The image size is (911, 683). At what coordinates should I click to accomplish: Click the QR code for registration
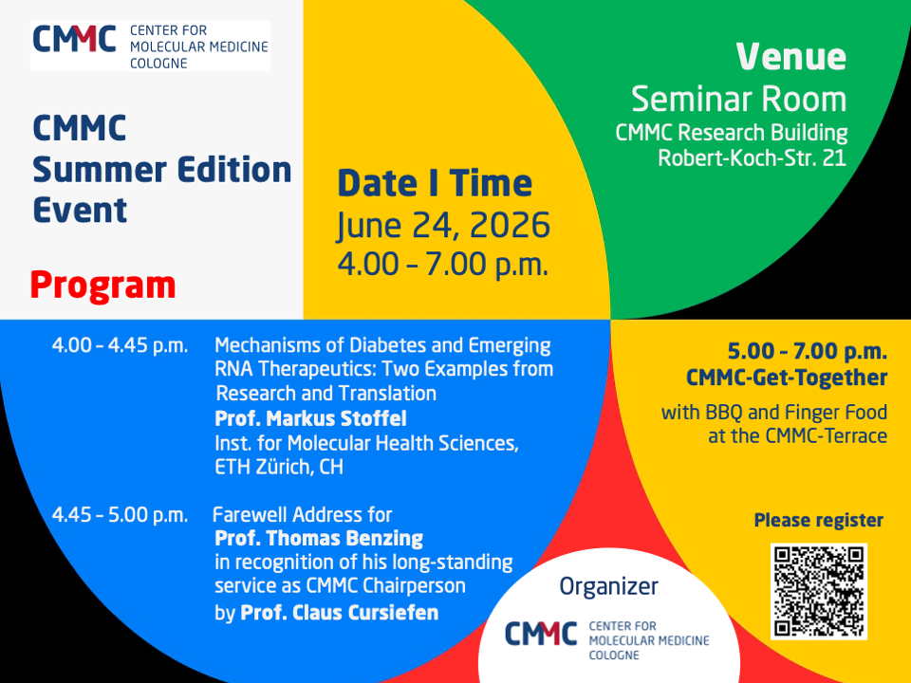click(819, 591)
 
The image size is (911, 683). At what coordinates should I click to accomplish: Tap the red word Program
click(102, 286)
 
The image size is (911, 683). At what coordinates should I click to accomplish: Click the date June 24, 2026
click(443, 226)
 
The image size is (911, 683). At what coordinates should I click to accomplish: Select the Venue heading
click(791, 56)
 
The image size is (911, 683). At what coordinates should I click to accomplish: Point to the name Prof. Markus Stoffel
click(311, 418)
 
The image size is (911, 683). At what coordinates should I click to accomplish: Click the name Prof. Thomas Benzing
click(319, 539)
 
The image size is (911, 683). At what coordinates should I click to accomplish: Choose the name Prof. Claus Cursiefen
click(340, 613)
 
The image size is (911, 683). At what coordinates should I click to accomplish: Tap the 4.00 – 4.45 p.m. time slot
click(121, 346)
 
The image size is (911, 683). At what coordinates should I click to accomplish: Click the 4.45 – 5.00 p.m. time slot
click(121, 515)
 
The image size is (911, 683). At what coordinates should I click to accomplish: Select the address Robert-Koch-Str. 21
click(752, 158)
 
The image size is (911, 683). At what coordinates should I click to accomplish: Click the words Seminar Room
click(739, 100)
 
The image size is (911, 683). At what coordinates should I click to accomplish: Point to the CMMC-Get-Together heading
click(787, 378)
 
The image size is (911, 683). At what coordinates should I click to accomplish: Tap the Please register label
click(819, 521)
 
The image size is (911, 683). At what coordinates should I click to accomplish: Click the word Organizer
click(609, 586)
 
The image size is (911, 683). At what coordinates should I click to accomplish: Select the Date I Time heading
click(435, 183)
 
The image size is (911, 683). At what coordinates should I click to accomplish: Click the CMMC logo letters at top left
click(74, 39)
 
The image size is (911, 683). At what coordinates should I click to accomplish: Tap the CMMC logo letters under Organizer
click(541, 634)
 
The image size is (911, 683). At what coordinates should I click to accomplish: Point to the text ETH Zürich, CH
click(279, 467)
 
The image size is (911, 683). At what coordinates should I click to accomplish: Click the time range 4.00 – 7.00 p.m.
click(443, 265)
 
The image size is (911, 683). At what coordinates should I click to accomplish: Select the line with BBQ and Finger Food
click(774, 413)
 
